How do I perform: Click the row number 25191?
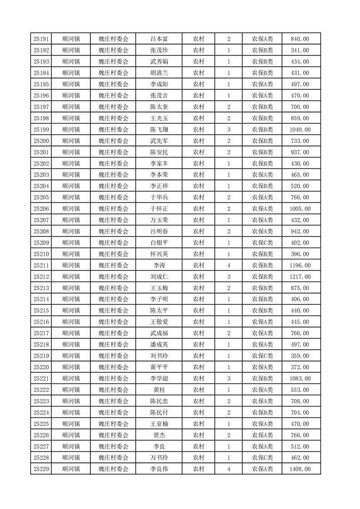click(x=41, y=39)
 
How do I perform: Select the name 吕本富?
click(x=159, y=39)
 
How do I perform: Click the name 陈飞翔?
click(x=159, y=130)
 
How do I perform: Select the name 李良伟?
click(x=159, y=469)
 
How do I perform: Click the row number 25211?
click(x=41, y=265)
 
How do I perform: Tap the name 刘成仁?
click(x=159, y=277)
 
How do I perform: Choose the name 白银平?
click(x=159, y=243)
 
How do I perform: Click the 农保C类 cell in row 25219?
click(x=262, y=356)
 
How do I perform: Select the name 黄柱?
click(x=159, y=390)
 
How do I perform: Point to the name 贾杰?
click(x=159, y=435)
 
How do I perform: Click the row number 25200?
click(x=41, y=141)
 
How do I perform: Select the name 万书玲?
click(x=159, y=458)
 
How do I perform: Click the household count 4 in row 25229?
click(x=228, y=469)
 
